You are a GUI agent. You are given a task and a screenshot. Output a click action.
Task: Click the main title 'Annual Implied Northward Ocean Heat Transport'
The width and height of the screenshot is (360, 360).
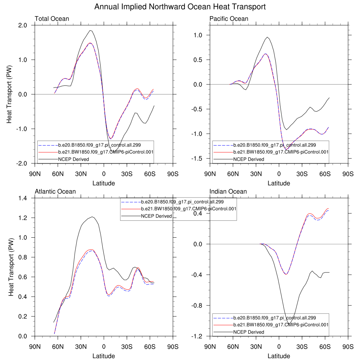pos(180,7)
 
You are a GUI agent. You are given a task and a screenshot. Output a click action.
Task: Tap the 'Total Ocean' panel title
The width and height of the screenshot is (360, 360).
pos(52,19)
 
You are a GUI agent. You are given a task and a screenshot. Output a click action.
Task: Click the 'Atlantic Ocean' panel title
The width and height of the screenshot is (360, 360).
pos(55,192)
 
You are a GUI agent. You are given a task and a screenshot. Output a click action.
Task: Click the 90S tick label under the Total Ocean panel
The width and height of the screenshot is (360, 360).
pos(172,174)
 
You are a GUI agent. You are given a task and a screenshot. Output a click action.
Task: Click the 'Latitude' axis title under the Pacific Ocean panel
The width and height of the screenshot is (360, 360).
pos(279,183)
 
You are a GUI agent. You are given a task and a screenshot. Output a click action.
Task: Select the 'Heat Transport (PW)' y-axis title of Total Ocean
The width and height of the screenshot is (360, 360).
pos(9,94)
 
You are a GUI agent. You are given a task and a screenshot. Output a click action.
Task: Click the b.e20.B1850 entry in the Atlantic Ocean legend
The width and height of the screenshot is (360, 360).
pos(182,202)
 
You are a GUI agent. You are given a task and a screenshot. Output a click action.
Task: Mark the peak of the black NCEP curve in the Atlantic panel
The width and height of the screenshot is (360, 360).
pos(92,217)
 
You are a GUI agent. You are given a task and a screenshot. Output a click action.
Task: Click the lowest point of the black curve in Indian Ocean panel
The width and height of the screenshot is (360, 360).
pos(289,324)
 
